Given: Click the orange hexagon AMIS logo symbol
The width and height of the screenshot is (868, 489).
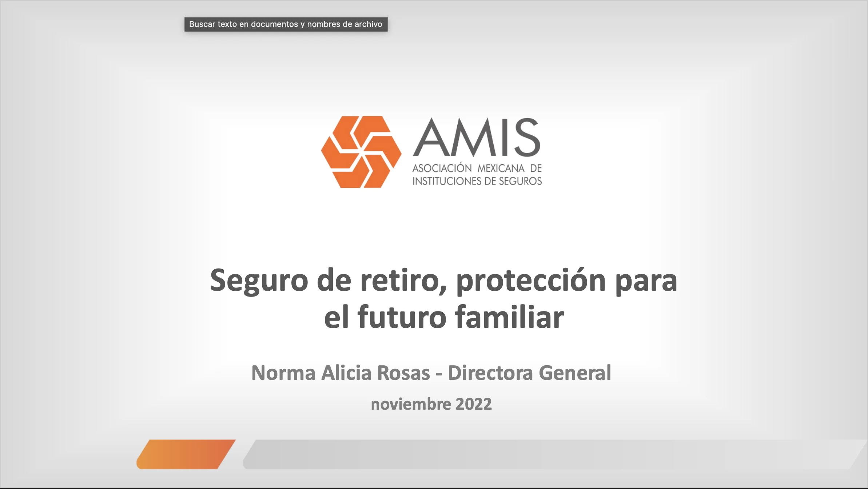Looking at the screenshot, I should [x=361, y=152].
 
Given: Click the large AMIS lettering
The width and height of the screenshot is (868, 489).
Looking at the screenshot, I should [x=477, y=138].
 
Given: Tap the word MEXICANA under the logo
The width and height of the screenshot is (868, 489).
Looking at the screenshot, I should [x=501, y=168].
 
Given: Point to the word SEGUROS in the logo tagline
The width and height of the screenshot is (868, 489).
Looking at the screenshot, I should [x=520, y=181].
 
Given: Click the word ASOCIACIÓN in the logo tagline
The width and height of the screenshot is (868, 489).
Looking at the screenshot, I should [x=442, y=168].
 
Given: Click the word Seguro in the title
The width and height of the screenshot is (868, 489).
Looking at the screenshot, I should [x=259, y=281].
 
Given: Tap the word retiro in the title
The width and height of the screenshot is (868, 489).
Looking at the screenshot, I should [x=403, y=281].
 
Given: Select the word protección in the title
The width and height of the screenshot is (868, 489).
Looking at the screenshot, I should [x=531, y=281].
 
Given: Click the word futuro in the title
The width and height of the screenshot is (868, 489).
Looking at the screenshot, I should [x=402, y=317].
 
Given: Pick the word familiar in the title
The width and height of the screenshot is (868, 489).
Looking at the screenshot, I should [x=510, y=317].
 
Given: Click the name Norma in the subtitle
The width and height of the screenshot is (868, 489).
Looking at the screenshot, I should [x=283, y=373].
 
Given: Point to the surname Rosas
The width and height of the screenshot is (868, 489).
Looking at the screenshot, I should [x=404, y=373].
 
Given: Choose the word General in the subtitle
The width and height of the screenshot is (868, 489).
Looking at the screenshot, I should [x=575, y=373].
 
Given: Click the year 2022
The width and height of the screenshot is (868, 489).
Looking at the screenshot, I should [x=474, y=404].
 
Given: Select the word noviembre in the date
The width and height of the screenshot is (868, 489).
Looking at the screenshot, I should [x=411, y=404].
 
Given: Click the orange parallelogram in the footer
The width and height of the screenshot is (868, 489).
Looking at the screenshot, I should [x=186, y=454].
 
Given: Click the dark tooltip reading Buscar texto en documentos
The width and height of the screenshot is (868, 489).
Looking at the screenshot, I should [x=286, y=24].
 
